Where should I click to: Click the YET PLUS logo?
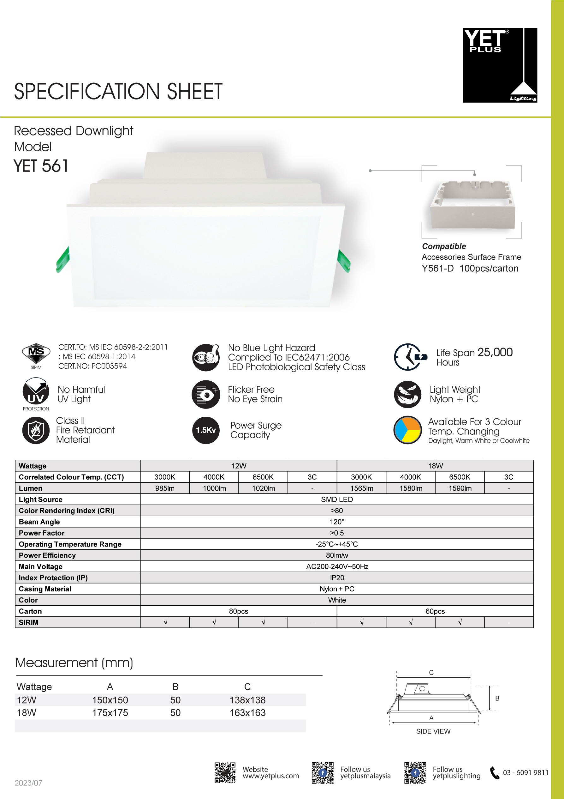(x=499, y=65)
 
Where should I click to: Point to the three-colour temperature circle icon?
(x=407, y=430)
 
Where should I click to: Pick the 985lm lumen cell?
(x=165, y=488)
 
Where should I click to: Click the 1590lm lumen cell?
(x=460, y=488)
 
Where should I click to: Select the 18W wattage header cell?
(x=435, y=466)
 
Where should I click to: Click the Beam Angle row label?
(x=39, y=522)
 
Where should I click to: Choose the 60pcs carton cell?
(x=435, y=611)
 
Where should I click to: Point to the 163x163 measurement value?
(x=247, y=713)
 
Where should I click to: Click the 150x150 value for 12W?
(x=110, y=700)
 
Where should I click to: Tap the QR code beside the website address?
(x=225, y=772)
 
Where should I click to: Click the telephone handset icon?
(x=494, y=772)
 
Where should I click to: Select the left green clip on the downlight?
(x=63, y=260)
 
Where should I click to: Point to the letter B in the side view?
(x=497, y=698)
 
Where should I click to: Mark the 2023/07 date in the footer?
(x=28, y=783)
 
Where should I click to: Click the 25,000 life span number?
(x=495, y=352)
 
